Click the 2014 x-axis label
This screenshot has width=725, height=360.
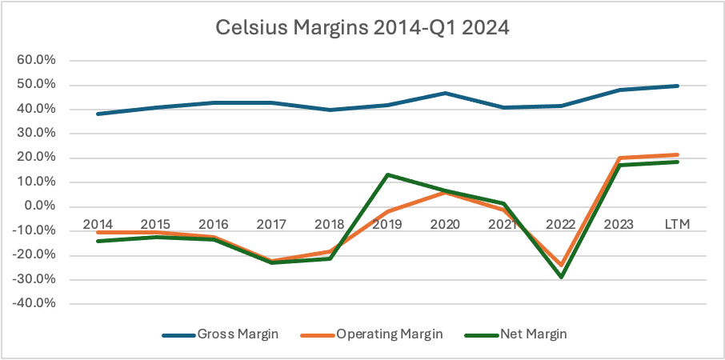click(97, 223)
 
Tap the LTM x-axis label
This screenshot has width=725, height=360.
click(677, 223)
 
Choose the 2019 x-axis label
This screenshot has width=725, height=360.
click(387, 223)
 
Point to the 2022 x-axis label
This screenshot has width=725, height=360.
click(561, 223)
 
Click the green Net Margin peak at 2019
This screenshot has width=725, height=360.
click(387, 174)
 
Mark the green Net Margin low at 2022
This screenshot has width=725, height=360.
click(561, 277)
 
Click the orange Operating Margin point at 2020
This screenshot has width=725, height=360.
click(445, 192)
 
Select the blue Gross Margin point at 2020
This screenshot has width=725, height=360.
click(445, 93)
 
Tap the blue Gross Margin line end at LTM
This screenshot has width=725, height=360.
click(677, 86)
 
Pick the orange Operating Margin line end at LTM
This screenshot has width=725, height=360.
click(677, 154)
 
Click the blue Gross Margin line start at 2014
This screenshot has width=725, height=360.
click(97, 114)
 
